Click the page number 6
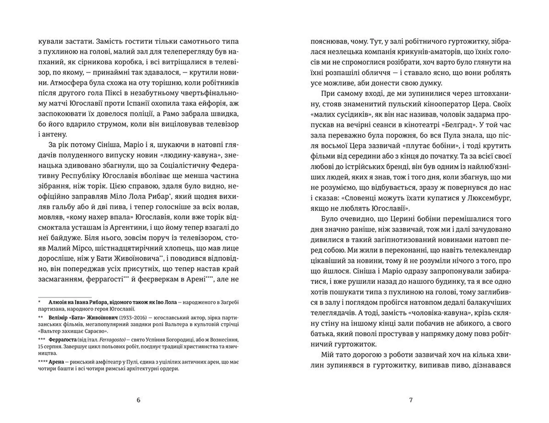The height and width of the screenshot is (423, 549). (139, 400)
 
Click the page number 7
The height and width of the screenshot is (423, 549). (411, 400)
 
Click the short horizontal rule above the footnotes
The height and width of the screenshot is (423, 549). (65, 297)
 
